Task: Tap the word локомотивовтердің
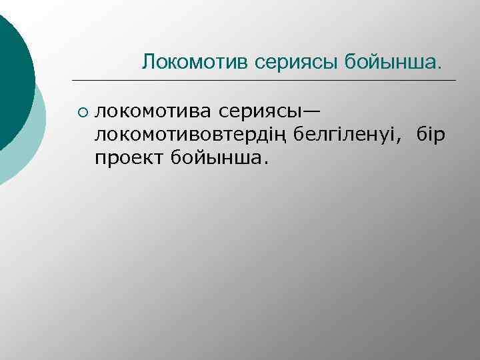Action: [x=185, y=135]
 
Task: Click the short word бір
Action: [x=430, y=135]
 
